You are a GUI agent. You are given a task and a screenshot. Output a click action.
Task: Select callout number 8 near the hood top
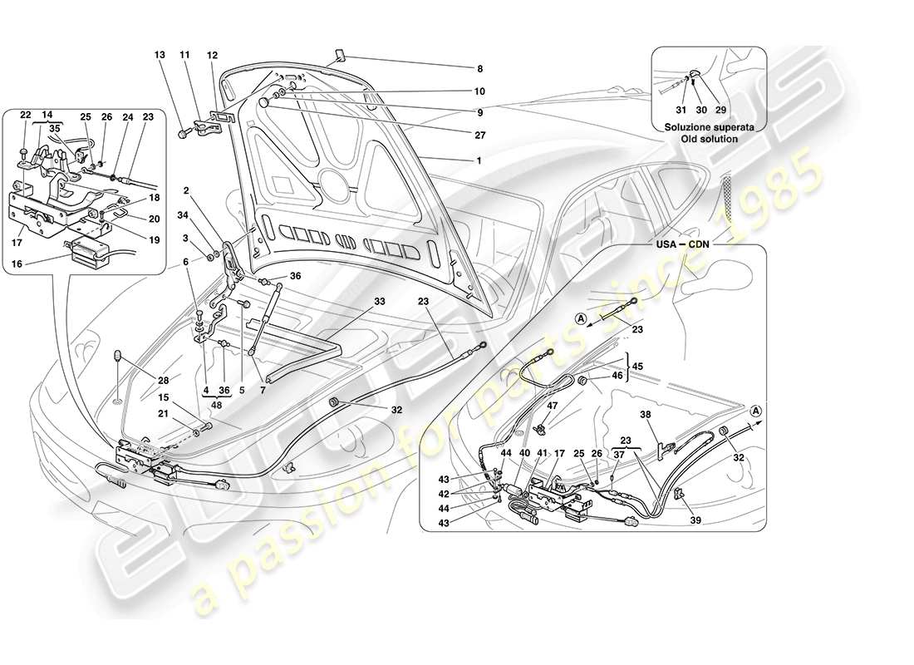[x=479, y=69]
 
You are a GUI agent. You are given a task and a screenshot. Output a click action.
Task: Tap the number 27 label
[x=479, y=134]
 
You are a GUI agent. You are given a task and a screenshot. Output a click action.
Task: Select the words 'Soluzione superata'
[x=709, y=127]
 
